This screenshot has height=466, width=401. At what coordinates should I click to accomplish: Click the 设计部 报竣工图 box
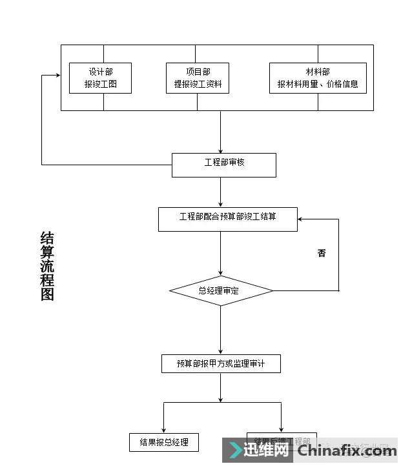(100, 77)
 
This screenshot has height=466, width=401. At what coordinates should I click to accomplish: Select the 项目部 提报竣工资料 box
(197, 77)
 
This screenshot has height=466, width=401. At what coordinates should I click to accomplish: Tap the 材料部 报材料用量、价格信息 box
(318, 77)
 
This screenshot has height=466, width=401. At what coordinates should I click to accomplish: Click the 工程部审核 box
(223, 165)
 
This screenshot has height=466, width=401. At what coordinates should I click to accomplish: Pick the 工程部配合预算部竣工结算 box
(228, 219)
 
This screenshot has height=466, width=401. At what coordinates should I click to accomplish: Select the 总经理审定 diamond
(221, 291)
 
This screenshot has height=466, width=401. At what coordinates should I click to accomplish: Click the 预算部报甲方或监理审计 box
(221, 364)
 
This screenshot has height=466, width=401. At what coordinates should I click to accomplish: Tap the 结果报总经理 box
(164, 442)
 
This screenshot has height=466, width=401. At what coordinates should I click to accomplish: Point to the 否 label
(322, 253)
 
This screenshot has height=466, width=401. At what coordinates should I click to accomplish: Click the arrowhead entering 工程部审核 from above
(221, 150)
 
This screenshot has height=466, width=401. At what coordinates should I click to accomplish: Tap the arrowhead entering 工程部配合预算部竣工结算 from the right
(302, 219)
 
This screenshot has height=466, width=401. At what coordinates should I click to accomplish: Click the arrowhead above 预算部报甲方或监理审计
(221, 351)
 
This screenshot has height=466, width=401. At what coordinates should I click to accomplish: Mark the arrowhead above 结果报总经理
(164, 430)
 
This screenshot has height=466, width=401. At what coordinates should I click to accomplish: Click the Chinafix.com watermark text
(347, 450)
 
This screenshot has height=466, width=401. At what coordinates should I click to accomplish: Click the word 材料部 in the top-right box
(318, 71)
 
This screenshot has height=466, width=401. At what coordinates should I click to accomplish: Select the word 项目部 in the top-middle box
(197, 71)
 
